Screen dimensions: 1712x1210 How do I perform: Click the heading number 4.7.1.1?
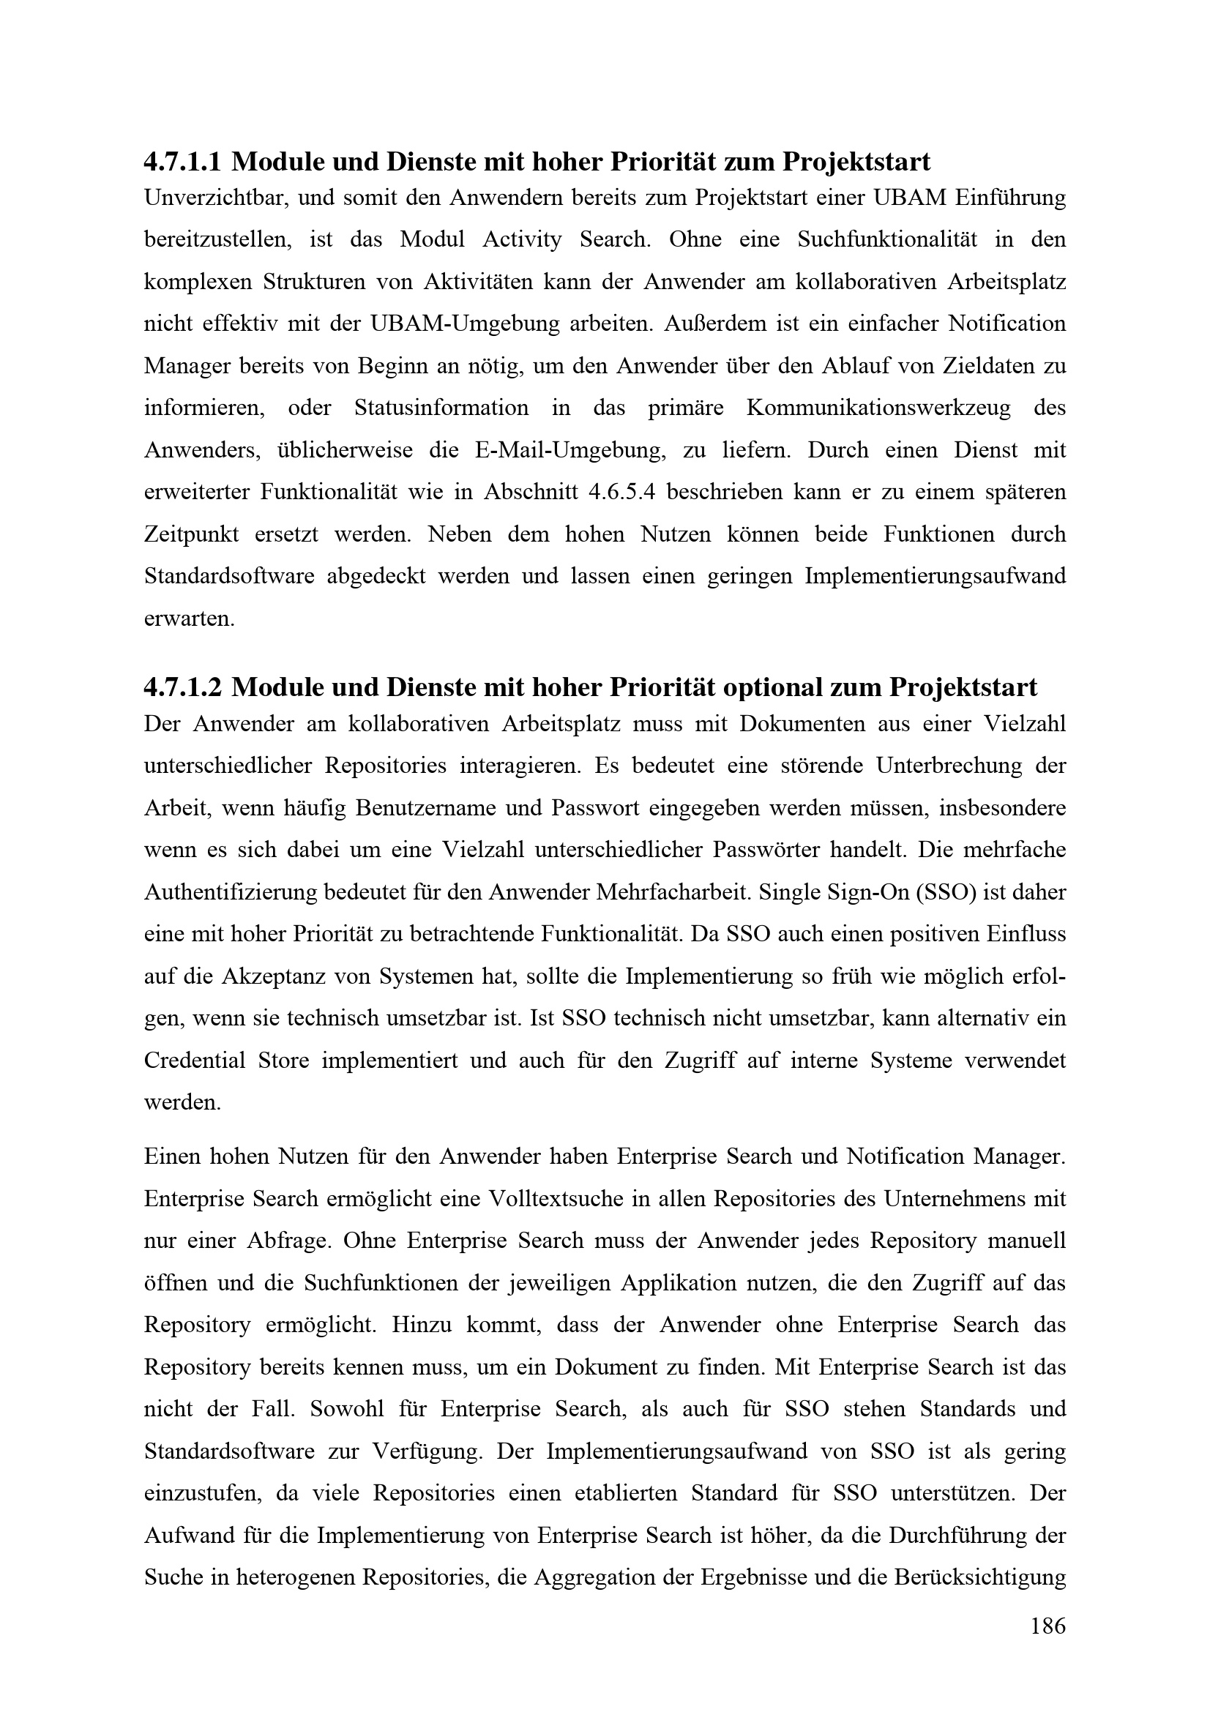[x=183, y=161]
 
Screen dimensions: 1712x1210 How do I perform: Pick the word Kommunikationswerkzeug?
[x=878, y=408]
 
